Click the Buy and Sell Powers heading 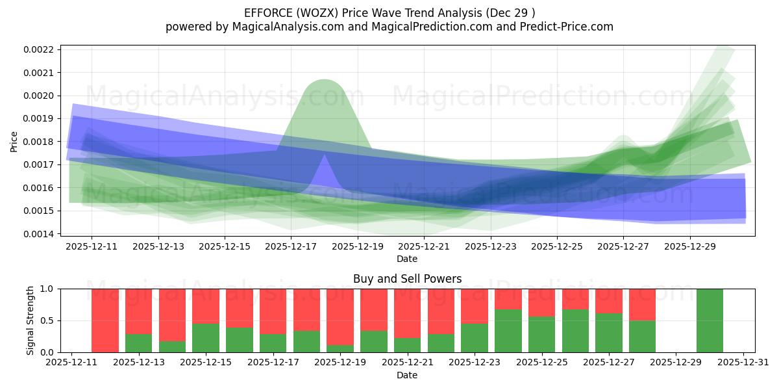click(x=407, y=279)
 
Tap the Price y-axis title click(x=14, y=141)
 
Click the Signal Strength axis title click(x=30, y=320)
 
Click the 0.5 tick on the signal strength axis click(x=49, y=320)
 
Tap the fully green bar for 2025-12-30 click(x=710, y=320)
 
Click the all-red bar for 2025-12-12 click(x=105, y=320)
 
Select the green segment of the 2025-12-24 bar click(x=508, y=331)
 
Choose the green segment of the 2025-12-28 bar click(x=642, y=336)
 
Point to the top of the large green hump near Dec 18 click(x=323, y=81)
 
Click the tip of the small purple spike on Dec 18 click(x=324, y=156)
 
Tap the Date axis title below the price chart click(x=407, y=259)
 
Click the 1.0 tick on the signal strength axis click(x=49, y=289)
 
